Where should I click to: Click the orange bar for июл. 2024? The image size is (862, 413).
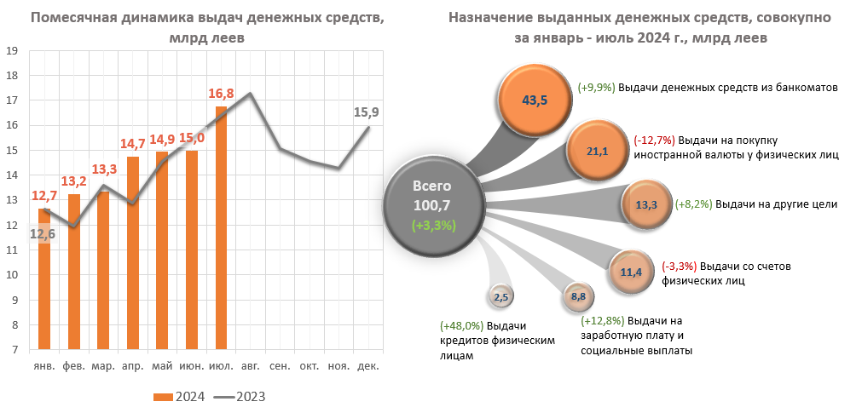point(221,228)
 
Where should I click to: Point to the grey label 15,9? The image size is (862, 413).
point(367,112)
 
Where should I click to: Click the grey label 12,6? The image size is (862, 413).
point(43,234)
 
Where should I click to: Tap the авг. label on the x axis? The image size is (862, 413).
point(251,366)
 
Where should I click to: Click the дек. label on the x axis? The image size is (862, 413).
point(367,366)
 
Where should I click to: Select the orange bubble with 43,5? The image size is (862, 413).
point(535,100)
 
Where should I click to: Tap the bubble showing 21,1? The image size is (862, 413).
point(596,152)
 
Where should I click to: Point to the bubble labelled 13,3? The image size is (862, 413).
point(646,205)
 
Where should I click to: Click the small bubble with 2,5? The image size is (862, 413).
point(500,296)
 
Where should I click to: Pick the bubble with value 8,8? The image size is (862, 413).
point(577,296)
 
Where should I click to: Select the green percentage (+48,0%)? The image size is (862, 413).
point(461,325)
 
